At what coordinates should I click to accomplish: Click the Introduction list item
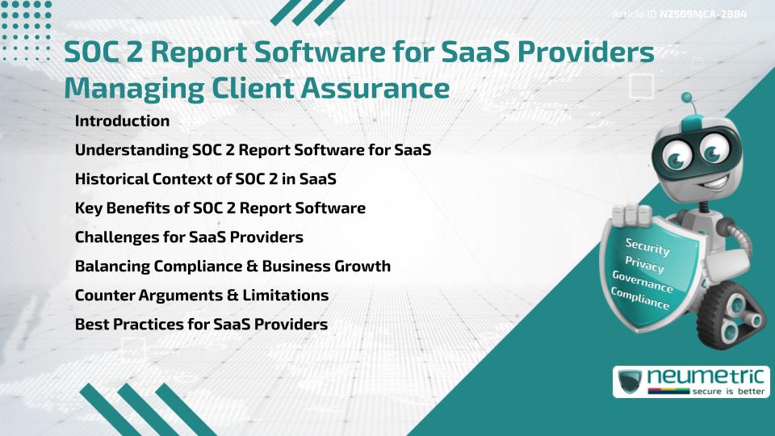pos(122,120)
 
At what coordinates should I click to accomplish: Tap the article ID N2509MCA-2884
pos(703,15)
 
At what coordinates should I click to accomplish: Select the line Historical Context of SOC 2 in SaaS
pos(206,178)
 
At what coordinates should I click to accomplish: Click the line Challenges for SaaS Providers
pos(189,237)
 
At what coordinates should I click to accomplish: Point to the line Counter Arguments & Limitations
pos(202,296)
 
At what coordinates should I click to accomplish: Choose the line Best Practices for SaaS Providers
pos(201,325)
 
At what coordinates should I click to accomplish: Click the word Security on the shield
pos(647,246)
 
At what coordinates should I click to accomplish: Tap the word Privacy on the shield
pos(644,264)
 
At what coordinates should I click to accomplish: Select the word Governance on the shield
pos(643,281)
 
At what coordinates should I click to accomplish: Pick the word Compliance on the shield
pos(640,298)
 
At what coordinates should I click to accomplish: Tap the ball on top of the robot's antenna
pos(686,98)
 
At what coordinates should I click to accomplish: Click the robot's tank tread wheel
pos(731,313)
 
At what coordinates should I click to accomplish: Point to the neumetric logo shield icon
pos(630,381)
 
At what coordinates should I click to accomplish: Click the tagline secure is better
pos(728,391)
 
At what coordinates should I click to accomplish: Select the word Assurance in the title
pos(375,88)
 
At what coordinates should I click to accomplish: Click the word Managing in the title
pos(134,89)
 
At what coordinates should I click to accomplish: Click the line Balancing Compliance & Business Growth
pos(232,266)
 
